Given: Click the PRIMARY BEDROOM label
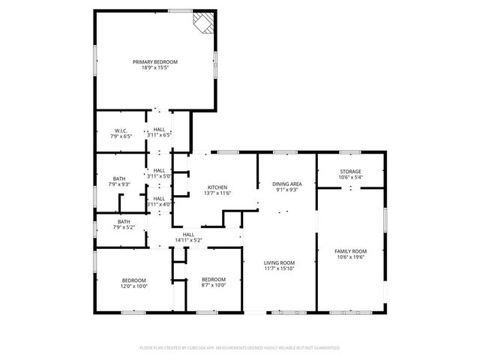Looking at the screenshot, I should tap(155, 61).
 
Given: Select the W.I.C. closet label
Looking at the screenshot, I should tap(121, 130).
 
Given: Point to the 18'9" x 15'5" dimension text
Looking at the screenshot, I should tap(155, 67).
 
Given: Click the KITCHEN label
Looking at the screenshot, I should tap(217, 187).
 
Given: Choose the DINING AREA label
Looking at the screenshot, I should tap(286, 184).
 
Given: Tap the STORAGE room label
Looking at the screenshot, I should tap(351, 171).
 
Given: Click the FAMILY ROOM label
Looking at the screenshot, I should tap(351, 250).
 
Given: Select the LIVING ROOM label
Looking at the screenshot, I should tap(279, 262).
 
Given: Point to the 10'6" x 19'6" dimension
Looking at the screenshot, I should tap(351, 256).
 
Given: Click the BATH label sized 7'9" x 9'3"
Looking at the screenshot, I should tap(120, 178).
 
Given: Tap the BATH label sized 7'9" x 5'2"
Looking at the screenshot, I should tap(123, 221).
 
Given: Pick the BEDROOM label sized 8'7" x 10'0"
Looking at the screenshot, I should tap(214, 279).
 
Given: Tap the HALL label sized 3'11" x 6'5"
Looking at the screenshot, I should tap(159, 130).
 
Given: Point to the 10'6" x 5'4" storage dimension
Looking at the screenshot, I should tap(351, 177).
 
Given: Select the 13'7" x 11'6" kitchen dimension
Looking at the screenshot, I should tap(217, 193).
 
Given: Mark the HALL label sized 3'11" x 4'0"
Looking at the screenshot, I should tap(159, 198).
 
